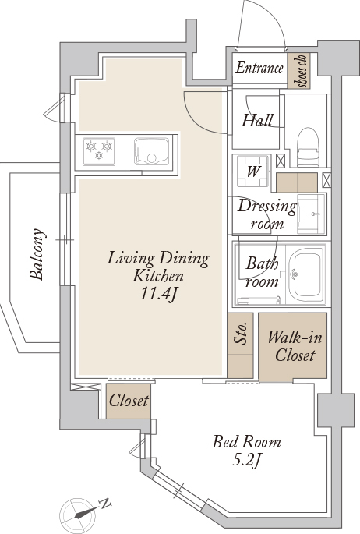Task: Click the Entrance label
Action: tap(259, 68)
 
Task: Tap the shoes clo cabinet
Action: tap(298, 70)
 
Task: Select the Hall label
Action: tap(257, 121)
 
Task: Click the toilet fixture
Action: tap(308, 147)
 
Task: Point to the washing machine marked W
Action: tap(252, 171)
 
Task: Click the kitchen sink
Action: tap(151, 151)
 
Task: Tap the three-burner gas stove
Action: tap(99, 151)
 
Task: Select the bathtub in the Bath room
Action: tap(305, 274)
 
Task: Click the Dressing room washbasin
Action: tap(311, 214)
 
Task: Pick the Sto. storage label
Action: tap(241, 334)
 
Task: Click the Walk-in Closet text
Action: tap(295, 346)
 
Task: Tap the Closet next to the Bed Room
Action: tap(129, 401)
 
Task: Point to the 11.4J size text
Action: tap(158, 294)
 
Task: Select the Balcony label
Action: tap(37, 253)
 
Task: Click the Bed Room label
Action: tap(247, 442)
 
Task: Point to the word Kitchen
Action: tap(158, 276)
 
